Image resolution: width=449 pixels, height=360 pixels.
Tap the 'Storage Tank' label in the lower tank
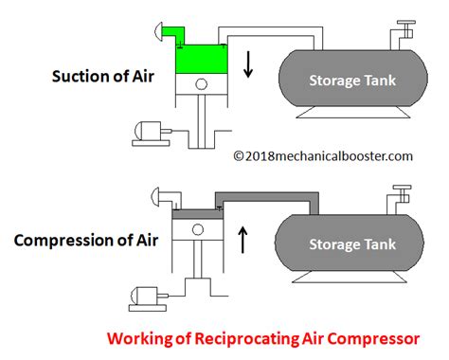(348, 243)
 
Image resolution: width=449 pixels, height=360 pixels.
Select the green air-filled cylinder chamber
(198, 60)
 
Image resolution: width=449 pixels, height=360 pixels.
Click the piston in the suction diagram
(198, 86)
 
